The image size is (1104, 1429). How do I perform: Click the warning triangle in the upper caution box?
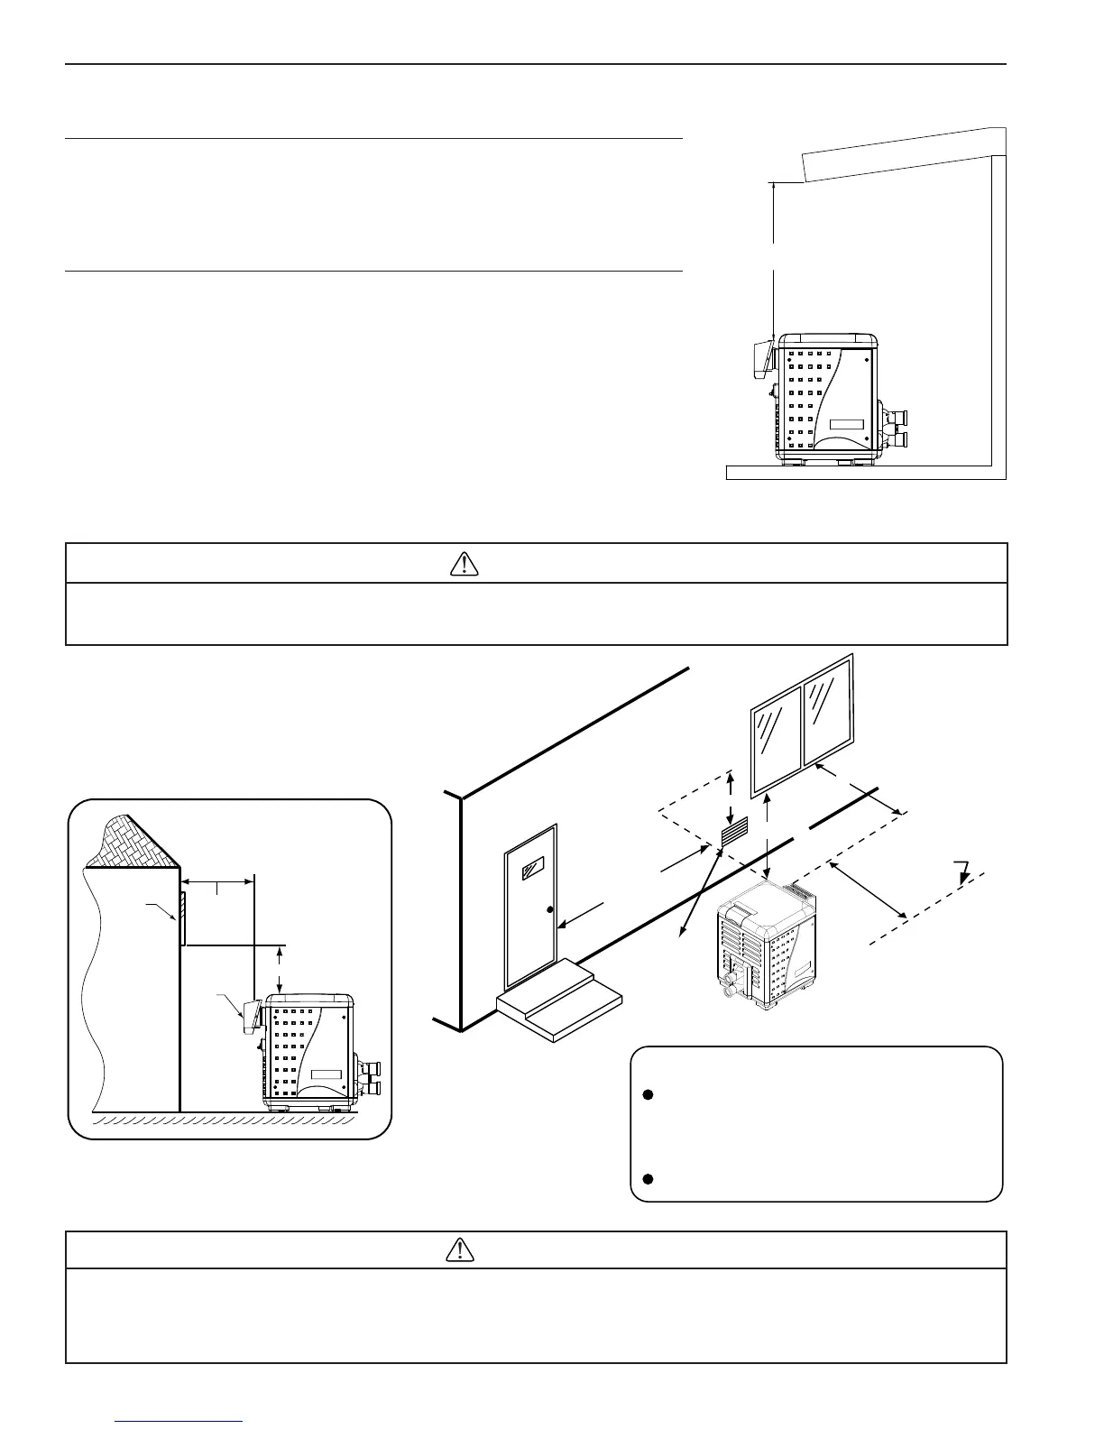463,563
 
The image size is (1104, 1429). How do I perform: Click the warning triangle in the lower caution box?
461,1249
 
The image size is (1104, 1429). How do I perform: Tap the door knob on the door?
549,910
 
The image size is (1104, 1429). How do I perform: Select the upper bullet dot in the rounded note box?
647,1095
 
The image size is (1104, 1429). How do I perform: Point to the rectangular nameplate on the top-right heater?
847,425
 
